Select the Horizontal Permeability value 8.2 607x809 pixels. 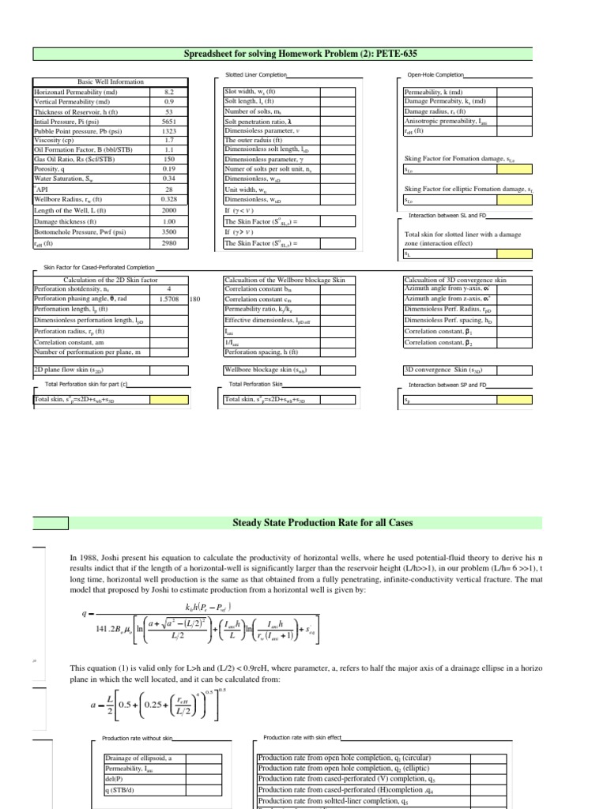click(x=168, y=92)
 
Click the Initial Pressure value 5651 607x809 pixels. click(x=168, y=122)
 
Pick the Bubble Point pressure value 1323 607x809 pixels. click(x=168, y=131)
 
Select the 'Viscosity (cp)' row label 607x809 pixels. click(x=55, y=140)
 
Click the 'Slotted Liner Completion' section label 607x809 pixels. click(x=255, y=75)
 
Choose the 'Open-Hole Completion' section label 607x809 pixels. click(x=434, y=75)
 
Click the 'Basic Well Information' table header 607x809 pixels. click(x=110, y=82)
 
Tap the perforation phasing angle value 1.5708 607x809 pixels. click(x=168, y=299)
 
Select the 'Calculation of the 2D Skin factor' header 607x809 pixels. click(x=100, y=280)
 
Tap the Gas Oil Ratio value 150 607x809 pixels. click(x=168, y=159)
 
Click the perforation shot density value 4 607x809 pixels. click(x=168, y=289)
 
